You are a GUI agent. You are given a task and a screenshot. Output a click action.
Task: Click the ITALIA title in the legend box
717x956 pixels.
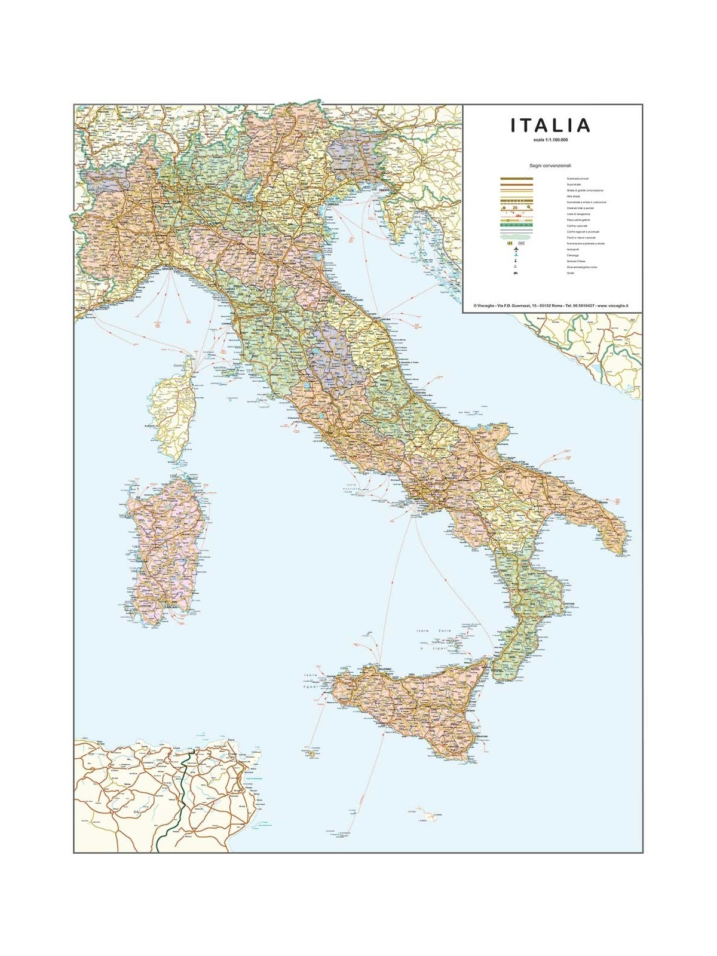click(x=550, y=125)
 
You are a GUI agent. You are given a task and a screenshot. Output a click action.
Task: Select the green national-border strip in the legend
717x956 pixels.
click(x=516, y=225)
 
